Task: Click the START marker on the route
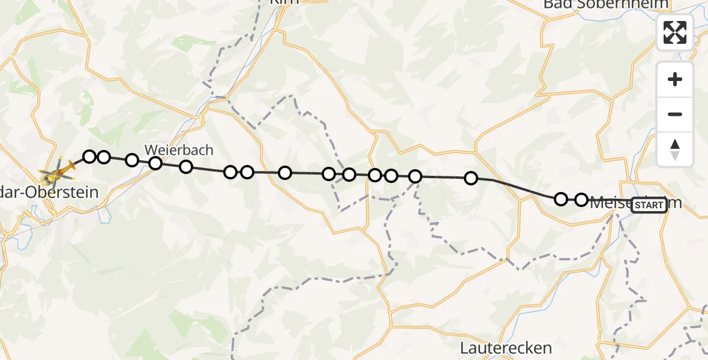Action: point(649,205)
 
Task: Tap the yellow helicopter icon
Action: point(57,173)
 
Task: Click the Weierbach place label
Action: point(179,150)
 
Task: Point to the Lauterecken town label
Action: point(506,347)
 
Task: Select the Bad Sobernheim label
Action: point(605,4)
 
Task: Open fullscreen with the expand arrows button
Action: point(675,32)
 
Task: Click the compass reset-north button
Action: point(675,149)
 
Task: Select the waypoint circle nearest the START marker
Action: point(581,199)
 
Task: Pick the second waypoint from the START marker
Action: point(560,199)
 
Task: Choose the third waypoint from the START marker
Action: point(471,178)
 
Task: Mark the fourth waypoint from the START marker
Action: point(415,176)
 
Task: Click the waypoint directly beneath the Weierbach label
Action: point(155,163)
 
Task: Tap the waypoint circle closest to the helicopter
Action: point(89,157)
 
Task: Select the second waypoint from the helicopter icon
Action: point(104,157)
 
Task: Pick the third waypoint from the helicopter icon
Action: point(132,160)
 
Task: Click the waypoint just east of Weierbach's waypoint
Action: point(186,167)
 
